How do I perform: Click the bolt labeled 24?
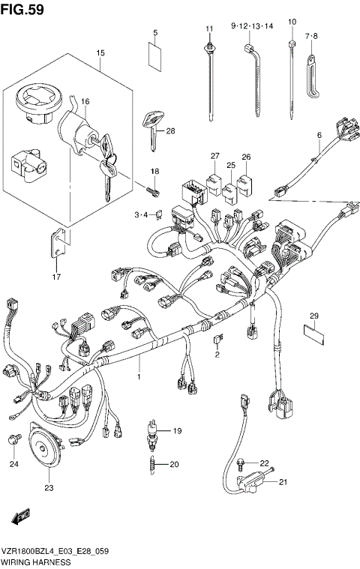(13, 439)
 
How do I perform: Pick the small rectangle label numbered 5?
(154, 56)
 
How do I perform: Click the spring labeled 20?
(154, 464)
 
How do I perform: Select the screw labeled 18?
(154, 190)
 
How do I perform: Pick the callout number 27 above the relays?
(214, 156)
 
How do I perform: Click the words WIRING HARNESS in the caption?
(36, 561)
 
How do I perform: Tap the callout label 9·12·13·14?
(251, 25)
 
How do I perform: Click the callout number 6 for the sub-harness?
(319, 135)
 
